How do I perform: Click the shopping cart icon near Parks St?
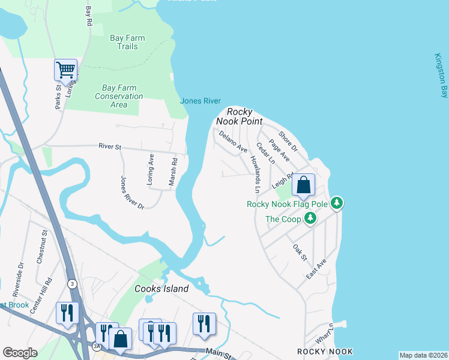coord(65,70)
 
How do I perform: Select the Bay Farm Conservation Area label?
coord(119,96)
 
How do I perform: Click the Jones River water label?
coord(200,101)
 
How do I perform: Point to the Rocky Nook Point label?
coord(244,116)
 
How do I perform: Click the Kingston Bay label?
coord(441,75)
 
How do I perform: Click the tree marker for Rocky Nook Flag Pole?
coord(337,203)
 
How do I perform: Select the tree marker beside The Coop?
coord(310,218)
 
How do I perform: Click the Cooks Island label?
coord(161,289)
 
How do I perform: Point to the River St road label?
coord(110,146)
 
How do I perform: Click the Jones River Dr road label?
coord(132,193)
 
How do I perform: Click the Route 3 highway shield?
coord(73,283)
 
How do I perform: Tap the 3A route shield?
coord(97,346)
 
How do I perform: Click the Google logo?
coord(20,353)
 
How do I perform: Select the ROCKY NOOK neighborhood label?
coord(325,351)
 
